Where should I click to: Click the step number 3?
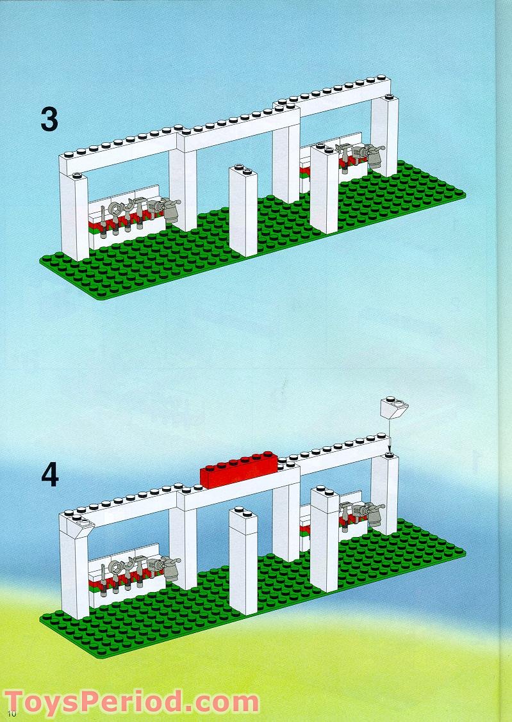tap(49, 120)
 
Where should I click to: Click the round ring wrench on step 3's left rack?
tap(117, 209)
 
